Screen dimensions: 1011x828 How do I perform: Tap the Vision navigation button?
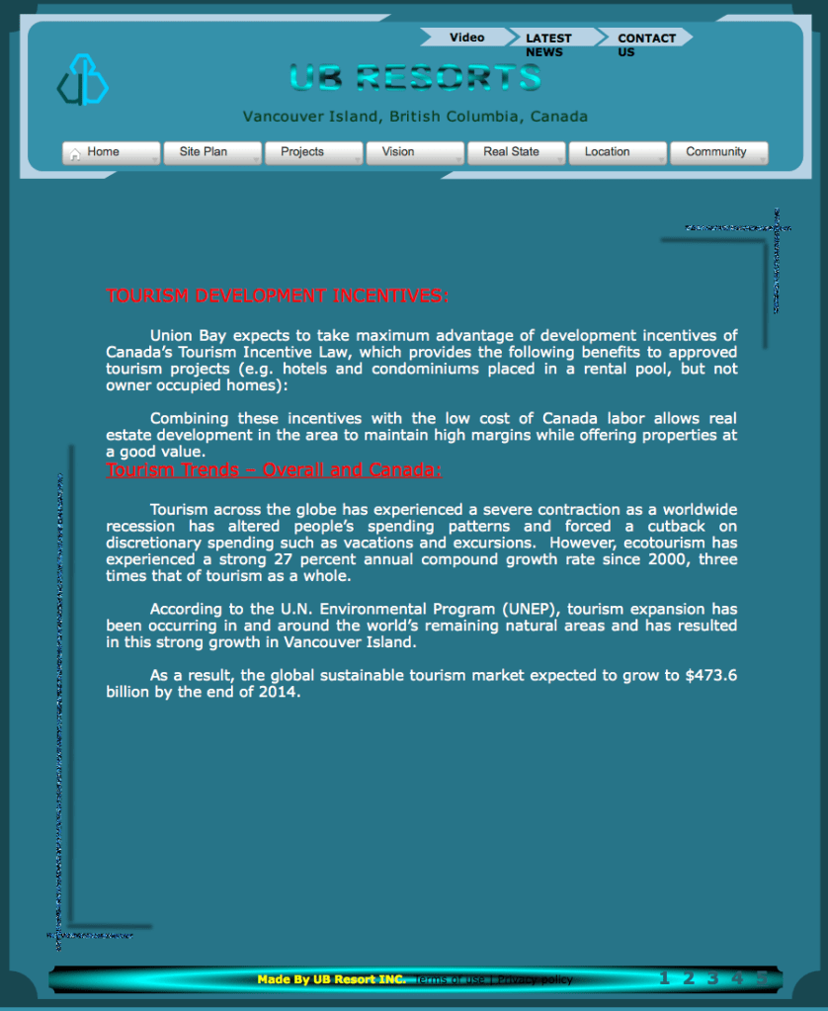pyautogui.click(x=414, y=152)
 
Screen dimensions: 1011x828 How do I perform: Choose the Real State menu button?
pyautogui.click(x=516, y=152)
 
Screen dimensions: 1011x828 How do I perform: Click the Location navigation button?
pyautogui.click(x=617, y=152)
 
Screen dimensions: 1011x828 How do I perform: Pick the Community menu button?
pyautogui.click(x=718, y=152)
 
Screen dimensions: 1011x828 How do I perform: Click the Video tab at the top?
pyautogui.click(x=466, y=38)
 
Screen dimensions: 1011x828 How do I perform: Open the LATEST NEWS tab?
pyautogui.click(x=548, y=44)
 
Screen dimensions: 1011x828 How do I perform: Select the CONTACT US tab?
pyautogui.click(x=646, y=44)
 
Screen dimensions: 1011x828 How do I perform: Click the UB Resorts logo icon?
pyautogui.click(x=82, y=80)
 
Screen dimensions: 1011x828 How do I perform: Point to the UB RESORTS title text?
pyautogui.click(x=415, y=77)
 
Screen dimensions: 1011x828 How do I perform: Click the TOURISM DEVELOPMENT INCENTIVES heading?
pyautogui.click(x=278, y=295)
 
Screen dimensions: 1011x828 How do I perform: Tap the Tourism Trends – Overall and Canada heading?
pyautogui.click(x=274, y=470)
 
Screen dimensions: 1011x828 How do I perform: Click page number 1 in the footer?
pyautogui.click(x=664, y=978)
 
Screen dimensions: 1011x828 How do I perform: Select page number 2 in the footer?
pyautogui.click(x=689, y=978)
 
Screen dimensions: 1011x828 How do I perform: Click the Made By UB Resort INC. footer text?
pyautogui.click(x=331, y=979)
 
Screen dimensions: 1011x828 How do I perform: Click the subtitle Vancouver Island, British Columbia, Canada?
pyautogui.click(x=415, y=117)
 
